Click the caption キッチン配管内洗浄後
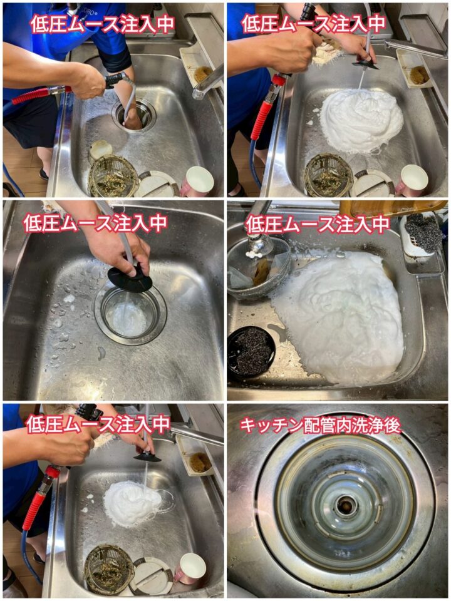pyautogui.click(x=320, y=426)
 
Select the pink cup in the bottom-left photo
pyautogui.click(x=189, y=569)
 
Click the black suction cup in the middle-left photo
pyautogui.click(x=129, y=277)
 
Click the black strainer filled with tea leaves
pyautogui.click(x=252, y=352)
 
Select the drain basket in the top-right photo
pyautogui.click(x=328, y=175)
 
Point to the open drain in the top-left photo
pyautogui.click(x=135, y=114)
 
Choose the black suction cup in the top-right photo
pyautogui.click(x=365, y=64)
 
